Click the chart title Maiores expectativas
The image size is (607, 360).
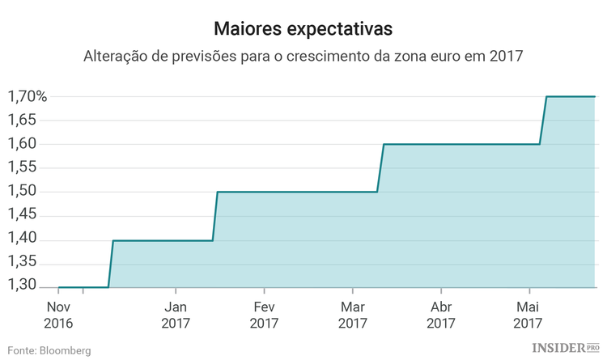pos(303,28)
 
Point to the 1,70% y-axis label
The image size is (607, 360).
pos(28,96)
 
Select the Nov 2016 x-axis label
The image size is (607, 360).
pos(58,314)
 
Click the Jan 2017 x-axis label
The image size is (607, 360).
pos(176,314)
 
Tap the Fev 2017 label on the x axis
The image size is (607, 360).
pos(264,314)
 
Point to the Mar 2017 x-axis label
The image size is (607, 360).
pos(352,314)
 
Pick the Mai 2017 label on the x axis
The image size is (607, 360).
pos(528,314)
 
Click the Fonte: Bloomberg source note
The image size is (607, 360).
pos(49,350)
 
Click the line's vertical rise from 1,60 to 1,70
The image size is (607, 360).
pos(543,121)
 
